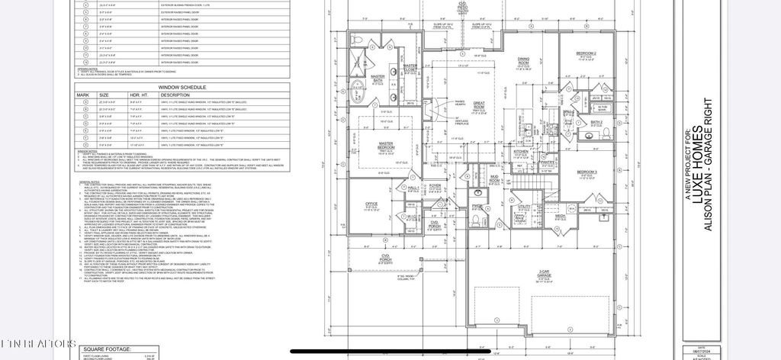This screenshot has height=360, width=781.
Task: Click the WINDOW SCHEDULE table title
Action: [180, 88]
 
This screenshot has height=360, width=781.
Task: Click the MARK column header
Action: [84, 96]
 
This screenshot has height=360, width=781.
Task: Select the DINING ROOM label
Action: [524, 60]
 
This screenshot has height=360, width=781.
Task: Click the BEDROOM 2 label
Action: [586, 53]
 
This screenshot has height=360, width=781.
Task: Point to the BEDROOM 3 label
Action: [587, 172]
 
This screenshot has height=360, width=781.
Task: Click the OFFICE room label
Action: [371, 204]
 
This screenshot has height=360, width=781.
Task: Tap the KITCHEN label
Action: [520, 152]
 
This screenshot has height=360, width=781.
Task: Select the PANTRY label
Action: [547, 162]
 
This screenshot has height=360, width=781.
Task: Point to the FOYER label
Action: [435, 185]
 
